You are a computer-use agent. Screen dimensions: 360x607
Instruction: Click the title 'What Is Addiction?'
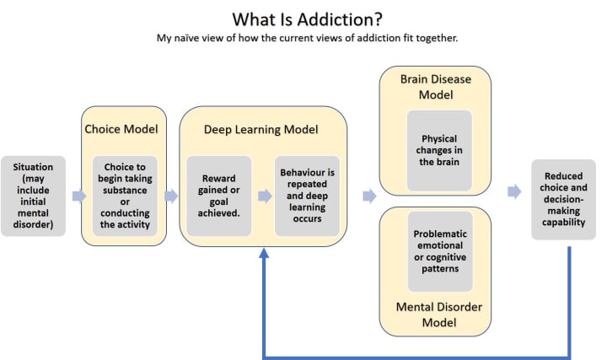pos(304,18)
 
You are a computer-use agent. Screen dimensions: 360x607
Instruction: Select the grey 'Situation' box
pos(34,196)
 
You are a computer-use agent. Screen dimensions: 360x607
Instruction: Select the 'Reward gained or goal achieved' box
pos(218,196)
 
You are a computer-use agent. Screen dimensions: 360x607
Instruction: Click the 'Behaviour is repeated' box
pos(308,196)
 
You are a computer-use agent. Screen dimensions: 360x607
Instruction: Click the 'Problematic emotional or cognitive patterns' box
pos(435,250)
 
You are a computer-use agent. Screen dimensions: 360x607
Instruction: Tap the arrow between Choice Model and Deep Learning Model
pos(171,196)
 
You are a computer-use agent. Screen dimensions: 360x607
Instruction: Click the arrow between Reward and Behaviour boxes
pos(265,196)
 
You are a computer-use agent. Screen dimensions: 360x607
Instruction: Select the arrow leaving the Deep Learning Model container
pos(369,196)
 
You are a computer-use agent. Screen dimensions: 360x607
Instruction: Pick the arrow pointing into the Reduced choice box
pos(513,191)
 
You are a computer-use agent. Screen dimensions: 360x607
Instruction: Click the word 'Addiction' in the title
pos(336,18)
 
